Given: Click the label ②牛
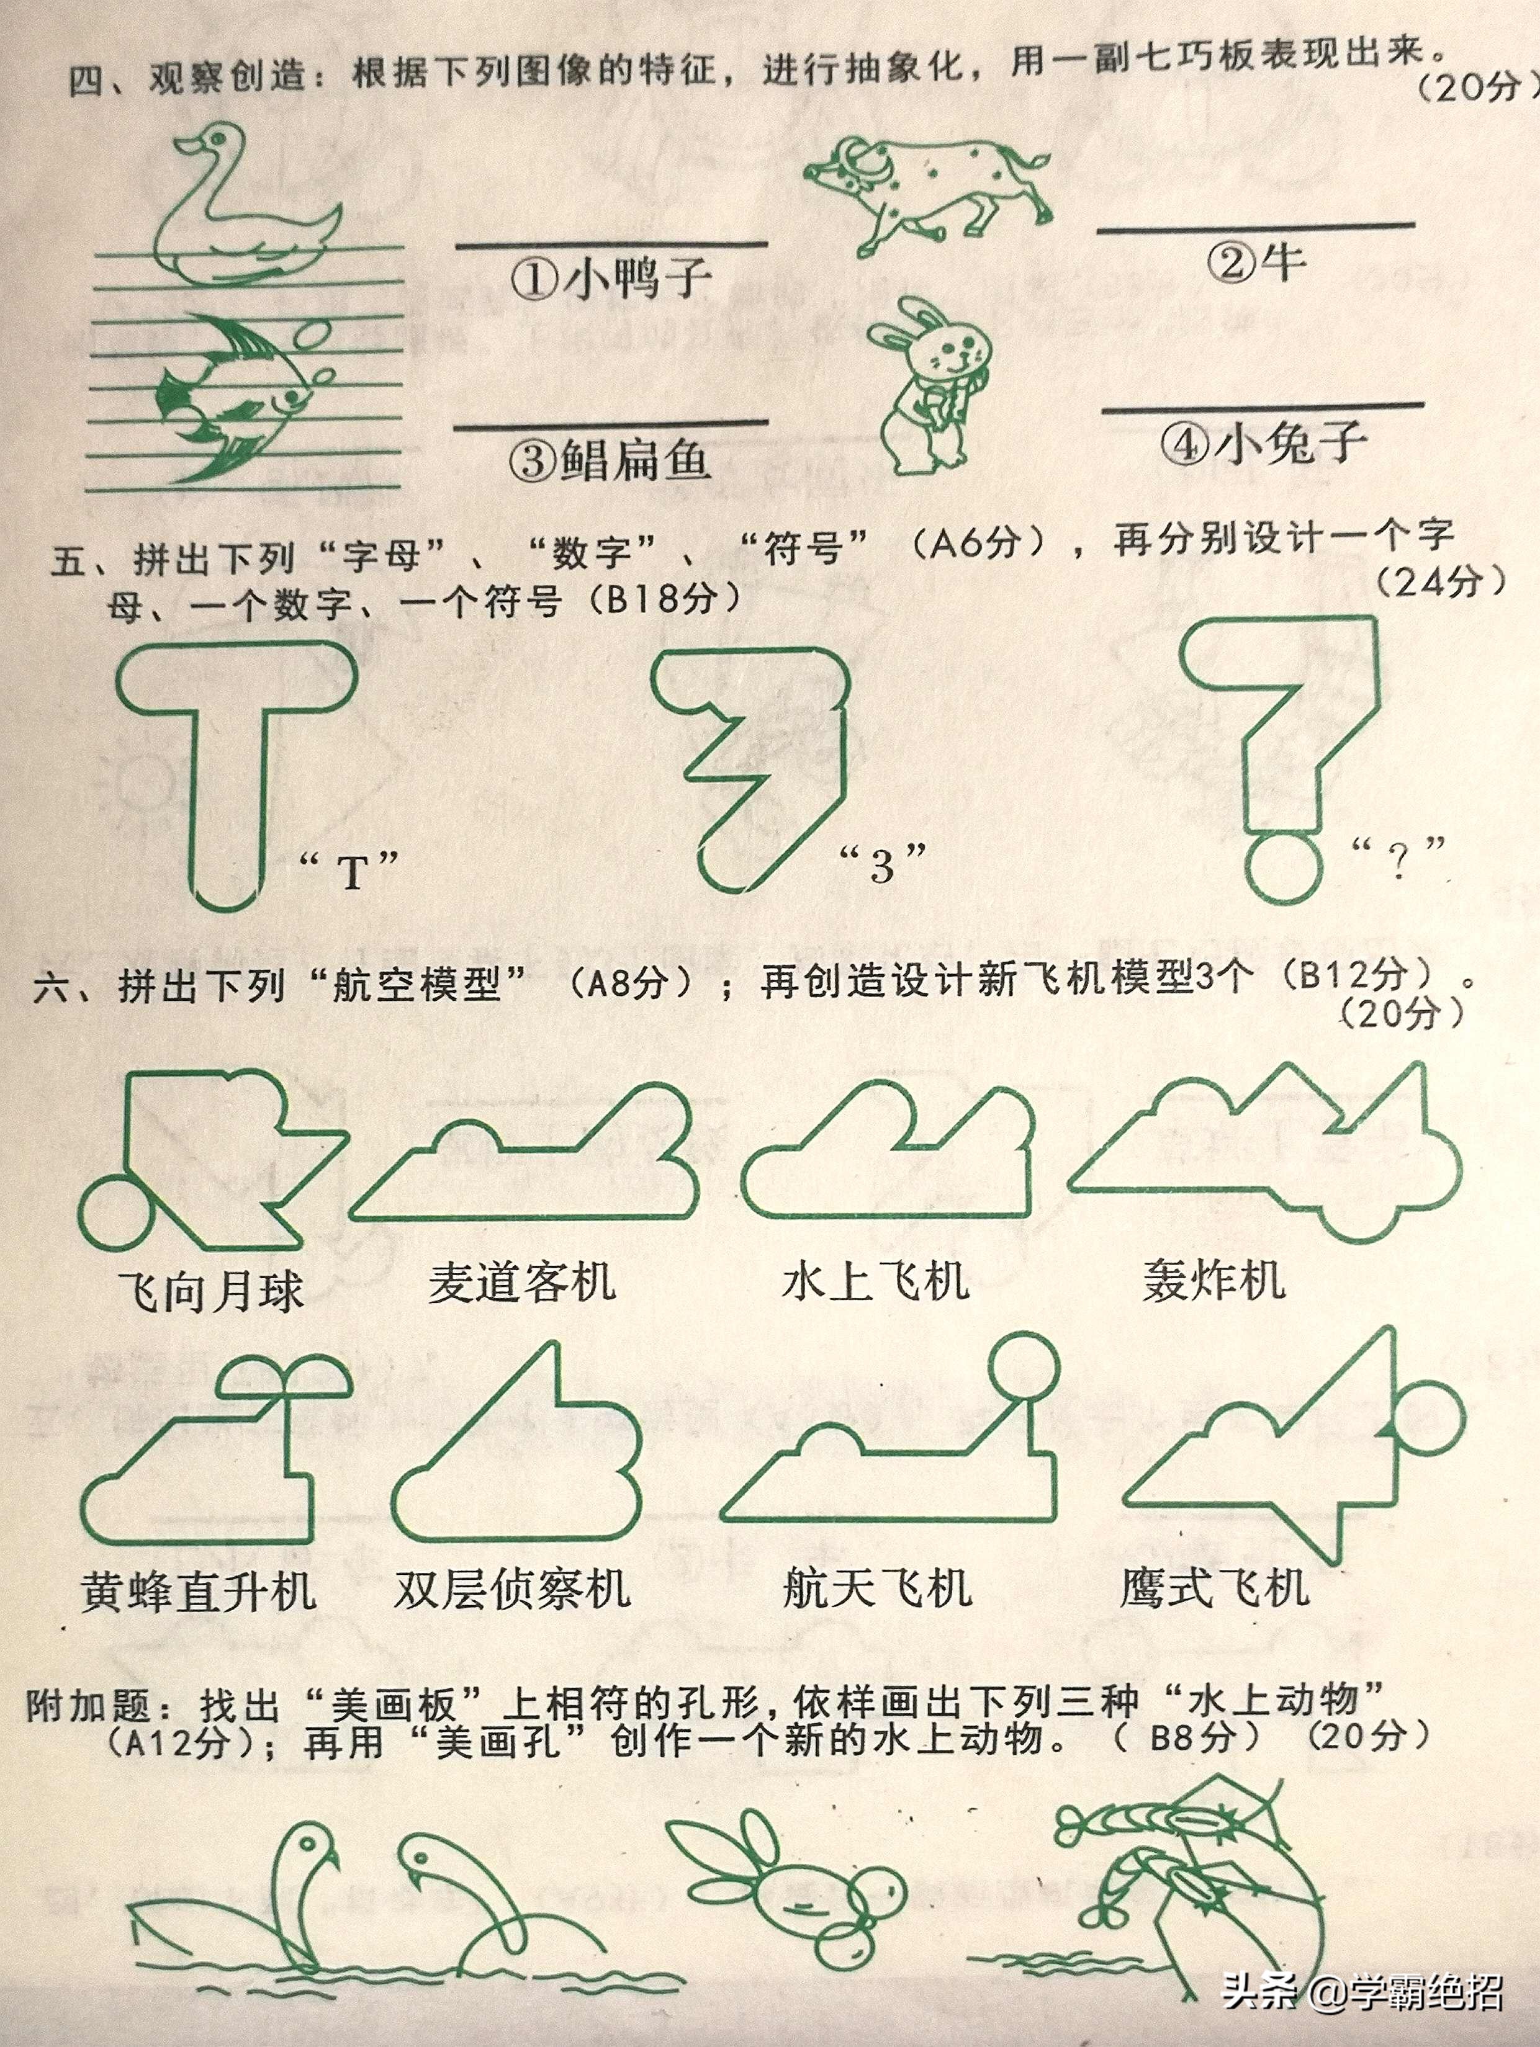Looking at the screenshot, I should tap(1256, 264).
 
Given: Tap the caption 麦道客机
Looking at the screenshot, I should tap(521, 1283).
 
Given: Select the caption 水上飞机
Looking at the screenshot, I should tap(875, 1282).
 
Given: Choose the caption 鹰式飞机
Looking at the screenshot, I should tap(1214, 1588).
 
